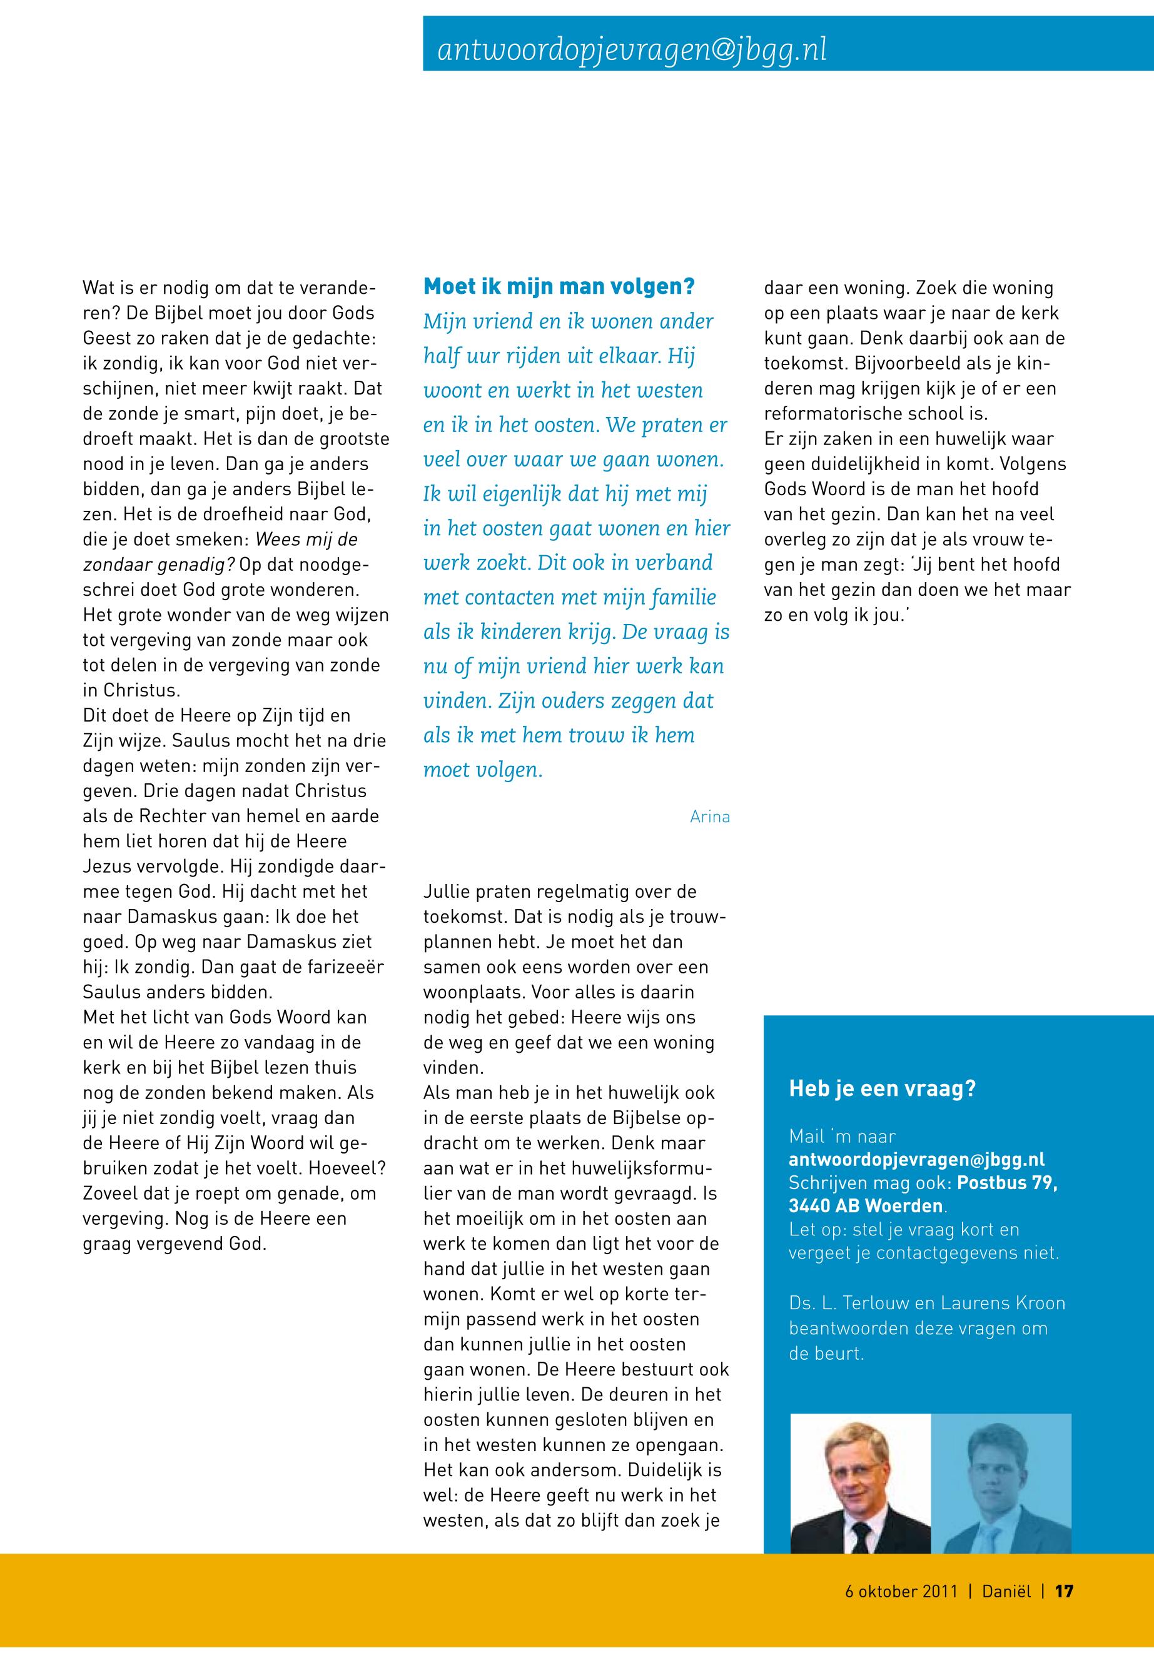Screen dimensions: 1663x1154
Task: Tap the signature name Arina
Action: point(709,816)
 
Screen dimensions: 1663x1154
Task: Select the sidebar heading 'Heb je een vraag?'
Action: point(881,1088)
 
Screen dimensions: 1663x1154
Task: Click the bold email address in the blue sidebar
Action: point(916,1159)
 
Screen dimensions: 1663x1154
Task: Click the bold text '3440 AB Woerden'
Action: point(866,1206)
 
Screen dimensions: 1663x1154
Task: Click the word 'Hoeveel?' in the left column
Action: point(347,1168)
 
